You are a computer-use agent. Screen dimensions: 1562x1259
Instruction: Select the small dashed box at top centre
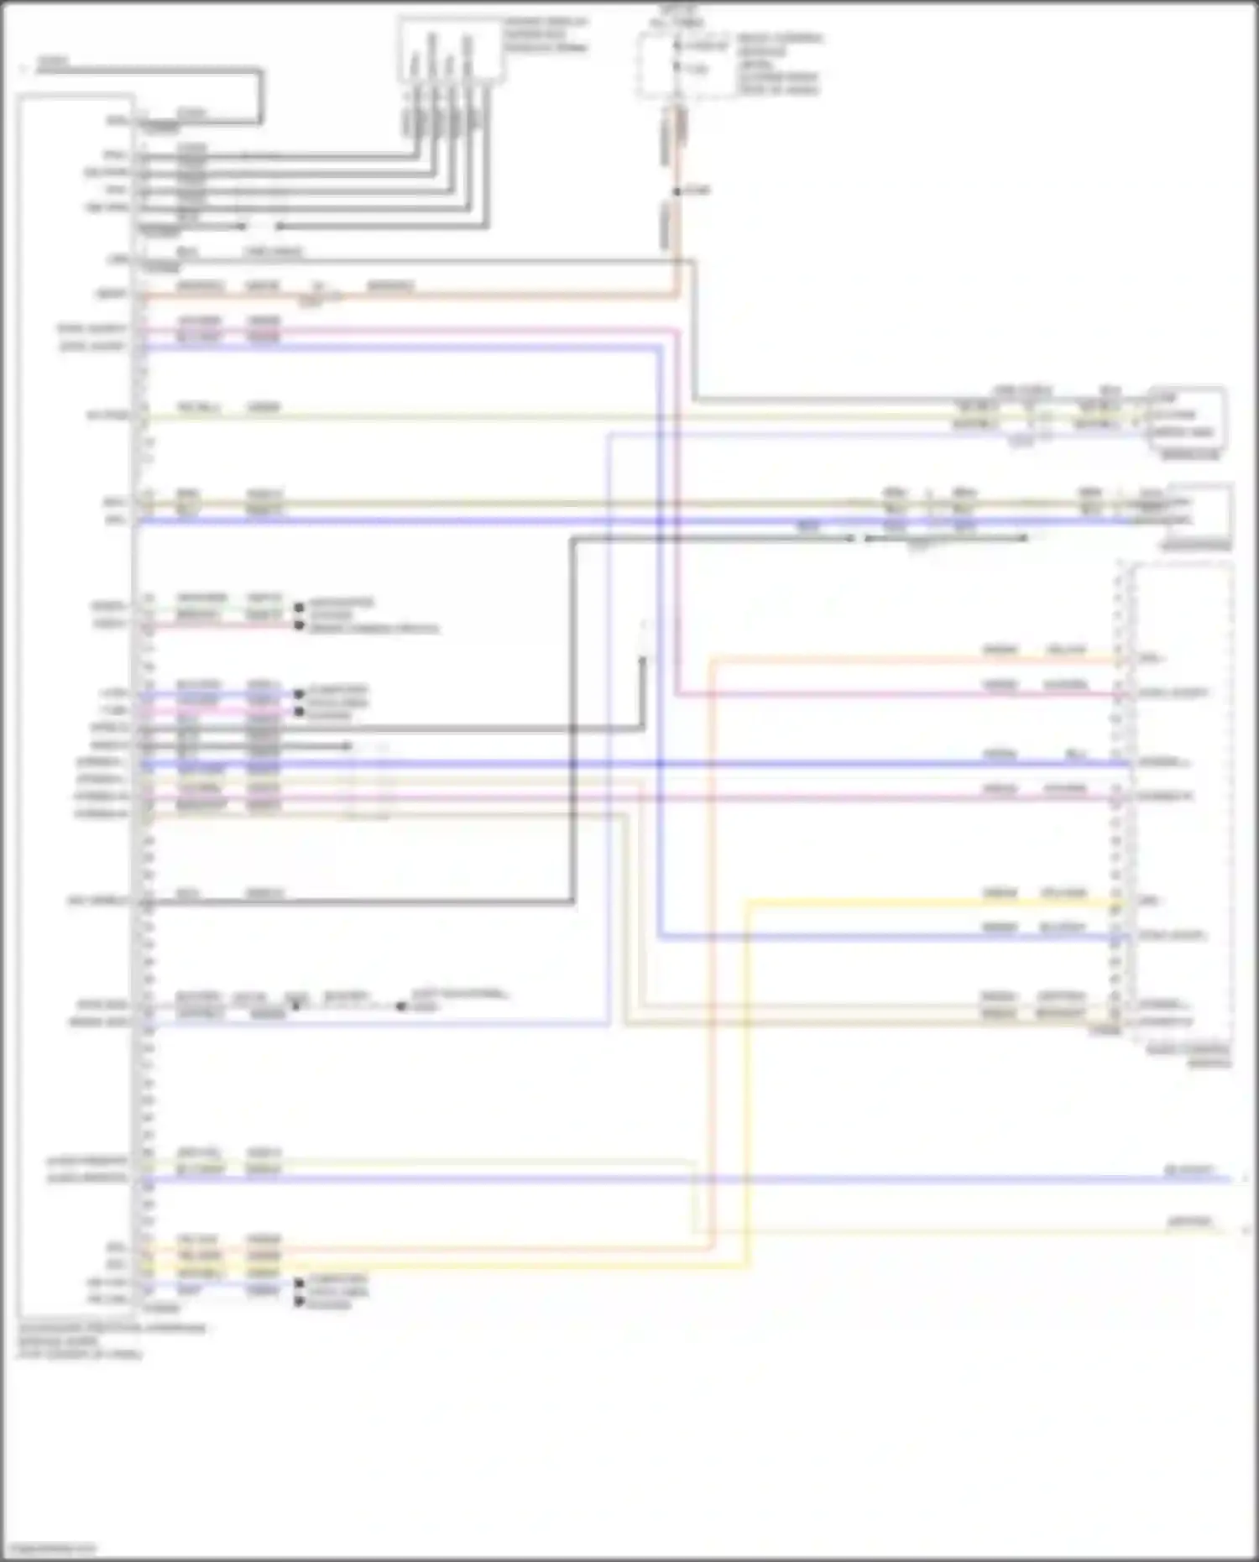[x=678, y=65]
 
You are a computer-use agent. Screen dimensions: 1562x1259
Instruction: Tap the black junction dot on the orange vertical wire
[x=677, y=192]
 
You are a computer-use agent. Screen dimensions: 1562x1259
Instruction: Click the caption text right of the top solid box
[x=546, y=34]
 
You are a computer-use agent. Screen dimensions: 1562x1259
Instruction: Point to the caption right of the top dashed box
[x=778, y=64]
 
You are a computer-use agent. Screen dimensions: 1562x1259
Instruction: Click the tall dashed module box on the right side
[x=1182, y=802]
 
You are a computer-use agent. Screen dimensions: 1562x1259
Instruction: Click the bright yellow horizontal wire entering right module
[x=923, y=902]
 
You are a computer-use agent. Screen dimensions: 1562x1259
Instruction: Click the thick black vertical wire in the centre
[x=573, y=722]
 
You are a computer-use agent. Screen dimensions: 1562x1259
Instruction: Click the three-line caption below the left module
[x=109, y=1340]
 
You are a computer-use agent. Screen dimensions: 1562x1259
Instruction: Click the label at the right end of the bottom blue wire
[x=1188, y=1169]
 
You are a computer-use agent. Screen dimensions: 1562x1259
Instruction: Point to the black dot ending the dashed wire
[x=401, y=1006]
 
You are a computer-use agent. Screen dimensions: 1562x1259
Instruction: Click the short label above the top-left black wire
[x=52, y=61]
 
